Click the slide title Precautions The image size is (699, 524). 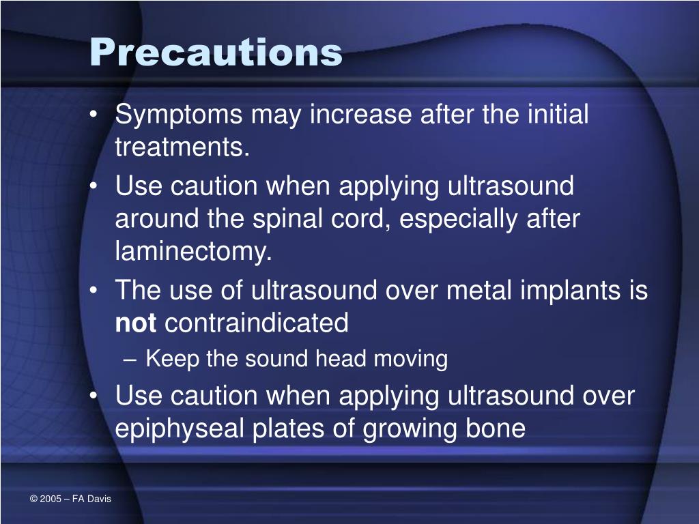(216, 52)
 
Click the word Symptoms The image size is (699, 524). (178, 115)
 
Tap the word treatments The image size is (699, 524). (182, 147)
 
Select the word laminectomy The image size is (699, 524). (193, 252)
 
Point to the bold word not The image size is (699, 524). (136, 323)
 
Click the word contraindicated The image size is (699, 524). (257, 323)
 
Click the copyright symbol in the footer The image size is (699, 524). (33, 499)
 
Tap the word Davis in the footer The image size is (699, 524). (98, 499)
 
